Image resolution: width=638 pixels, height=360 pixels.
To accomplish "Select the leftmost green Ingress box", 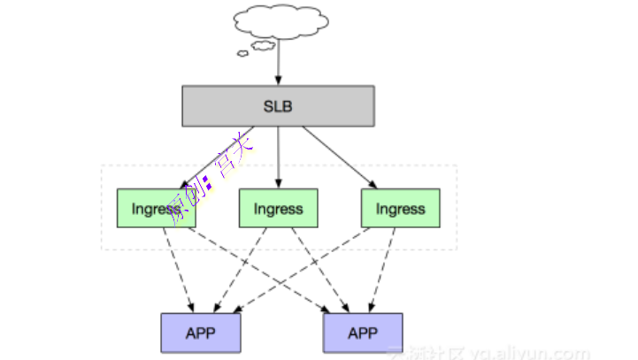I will pos(157,209).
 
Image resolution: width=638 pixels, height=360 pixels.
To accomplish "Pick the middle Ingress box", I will pos(278,209).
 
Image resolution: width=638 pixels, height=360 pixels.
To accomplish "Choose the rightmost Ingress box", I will pos(400,209).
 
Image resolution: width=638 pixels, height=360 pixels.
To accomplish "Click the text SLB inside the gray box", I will pos(278,107).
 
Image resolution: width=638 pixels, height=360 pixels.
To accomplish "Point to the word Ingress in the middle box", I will pos(278,210).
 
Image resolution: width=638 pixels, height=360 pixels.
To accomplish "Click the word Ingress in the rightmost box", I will pos(400,210).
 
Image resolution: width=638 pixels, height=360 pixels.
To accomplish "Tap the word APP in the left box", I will pos(200,333).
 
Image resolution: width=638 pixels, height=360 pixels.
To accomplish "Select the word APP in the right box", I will pos(362,333).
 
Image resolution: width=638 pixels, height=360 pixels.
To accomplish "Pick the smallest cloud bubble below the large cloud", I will pos(242,52).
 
